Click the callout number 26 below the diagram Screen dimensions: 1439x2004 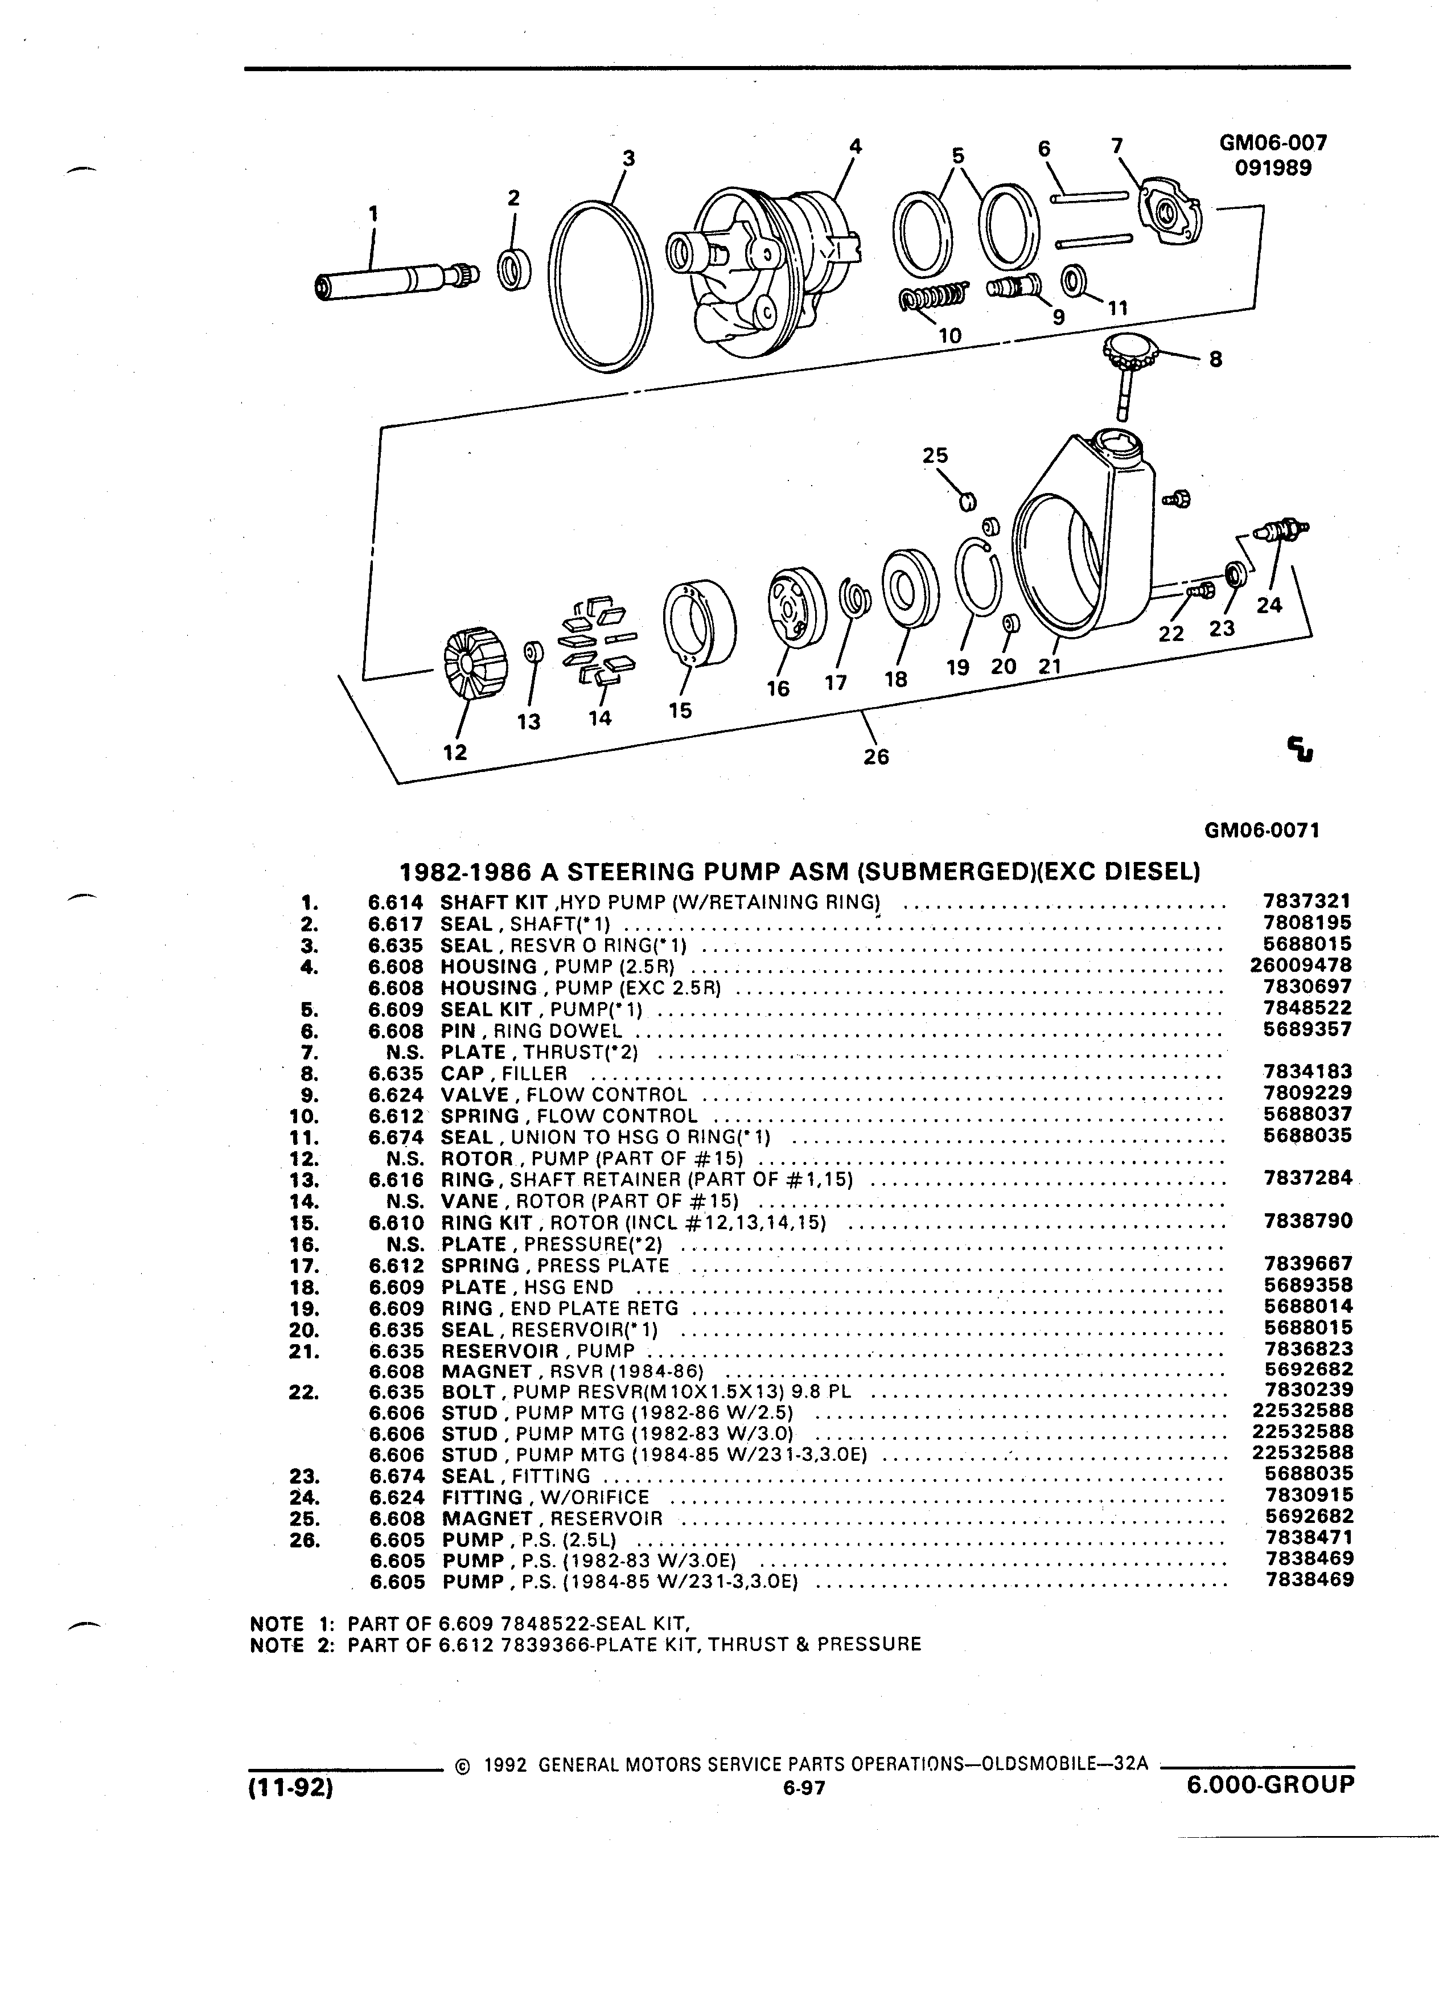pos(876,757)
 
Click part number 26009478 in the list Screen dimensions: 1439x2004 pos(1301,965)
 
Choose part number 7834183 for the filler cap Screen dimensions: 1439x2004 pos(1308,1072)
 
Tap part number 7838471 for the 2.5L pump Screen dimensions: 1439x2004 pos(1308,1538)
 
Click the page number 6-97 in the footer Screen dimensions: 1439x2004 pos(802,1789)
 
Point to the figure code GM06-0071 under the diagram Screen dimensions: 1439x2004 pos(1261,831)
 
